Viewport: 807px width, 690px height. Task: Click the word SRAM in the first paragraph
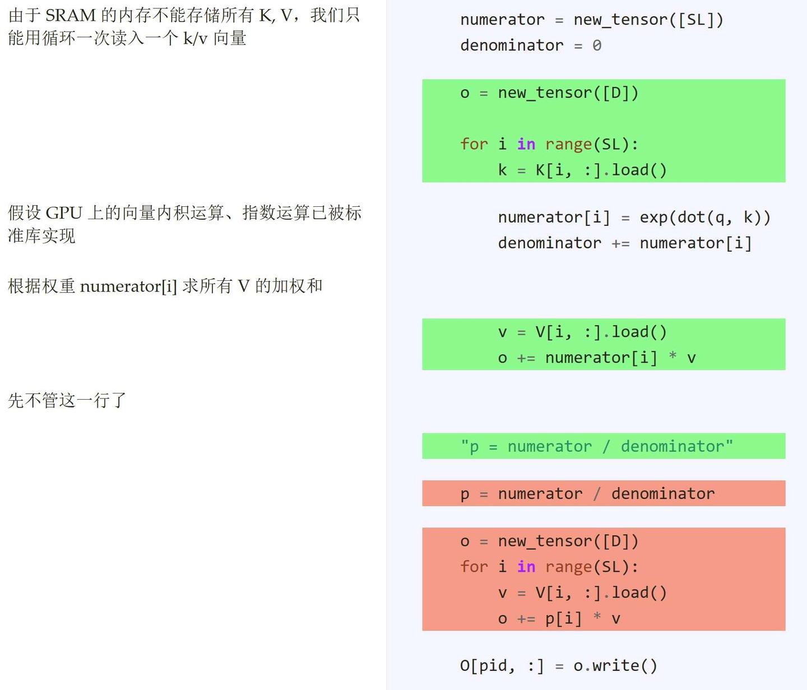click(x=71, y=16)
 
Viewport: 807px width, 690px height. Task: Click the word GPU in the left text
click(x=64, y=213)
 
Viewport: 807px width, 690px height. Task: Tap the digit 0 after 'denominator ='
click(x=597, y=46)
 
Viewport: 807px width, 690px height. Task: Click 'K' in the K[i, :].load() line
click(x=540, y=170)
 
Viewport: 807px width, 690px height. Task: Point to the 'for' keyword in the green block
click(x=474, y=144)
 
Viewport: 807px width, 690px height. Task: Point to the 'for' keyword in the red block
click(x=474, y=567)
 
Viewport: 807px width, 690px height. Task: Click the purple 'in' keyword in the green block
click(x=526, y=144)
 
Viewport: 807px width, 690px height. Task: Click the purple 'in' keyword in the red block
click(x=526, y=567)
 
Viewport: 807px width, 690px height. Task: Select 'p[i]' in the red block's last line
click(x=563, y=619)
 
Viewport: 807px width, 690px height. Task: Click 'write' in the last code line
click(x=615, y=665)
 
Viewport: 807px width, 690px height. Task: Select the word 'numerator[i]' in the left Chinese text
click(x=128, y=286)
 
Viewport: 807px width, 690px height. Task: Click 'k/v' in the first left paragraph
click(x=195, y=39)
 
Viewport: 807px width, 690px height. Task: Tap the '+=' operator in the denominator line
click(x=620, y=244)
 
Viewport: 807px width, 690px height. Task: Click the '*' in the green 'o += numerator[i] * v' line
click(x=672, y=356)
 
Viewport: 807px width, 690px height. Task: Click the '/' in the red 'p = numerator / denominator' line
click(x=596, y=494)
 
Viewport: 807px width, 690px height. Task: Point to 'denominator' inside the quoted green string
click(x=672, y=447)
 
